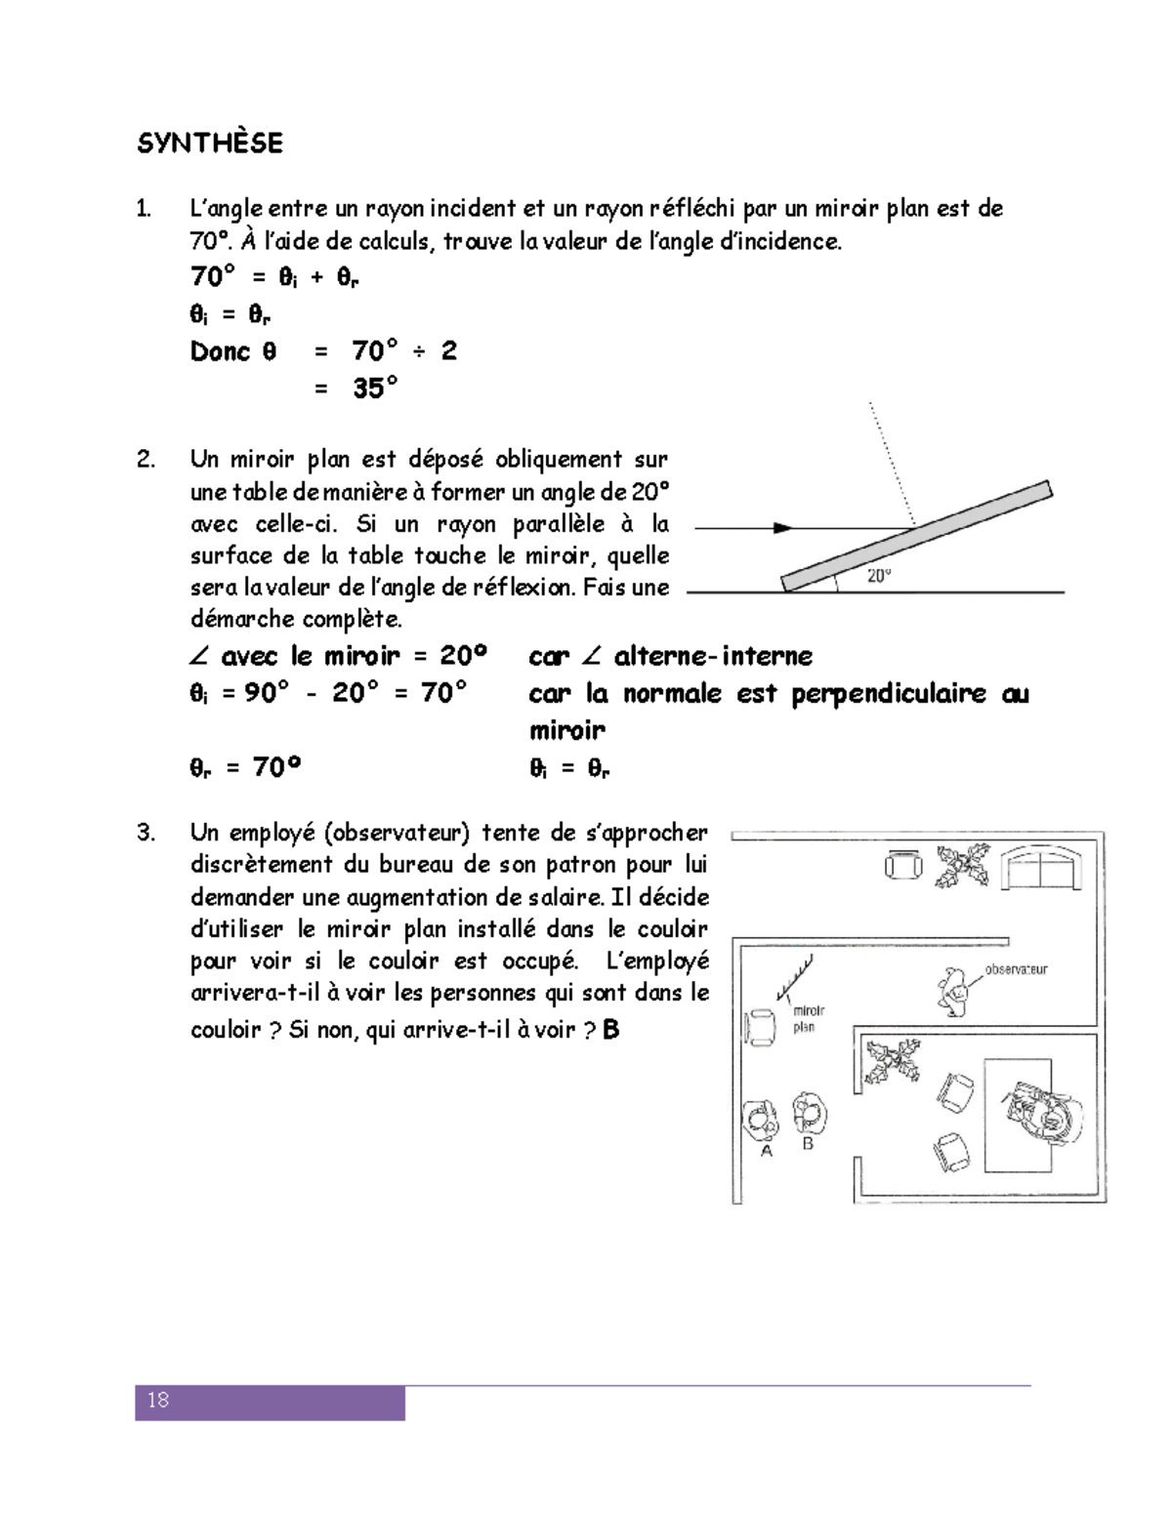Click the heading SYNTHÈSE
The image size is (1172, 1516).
point(210,143)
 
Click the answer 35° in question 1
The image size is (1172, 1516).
point(375,389)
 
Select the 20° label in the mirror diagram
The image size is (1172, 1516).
point(879,576)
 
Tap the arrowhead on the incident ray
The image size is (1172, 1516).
point(782,528)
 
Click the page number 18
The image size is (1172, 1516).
point(158,1400)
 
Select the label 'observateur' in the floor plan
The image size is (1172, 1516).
point(1016,969)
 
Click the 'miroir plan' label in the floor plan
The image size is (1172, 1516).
point(807,1019)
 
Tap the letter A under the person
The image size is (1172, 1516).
point(767,1151)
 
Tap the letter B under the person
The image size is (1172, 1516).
point(808,1143)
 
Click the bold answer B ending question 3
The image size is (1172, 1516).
point(611,1029)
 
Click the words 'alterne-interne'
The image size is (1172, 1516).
point(713,656)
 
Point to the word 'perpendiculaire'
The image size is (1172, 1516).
point(888,693)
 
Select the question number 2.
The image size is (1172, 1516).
point(146,459)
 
